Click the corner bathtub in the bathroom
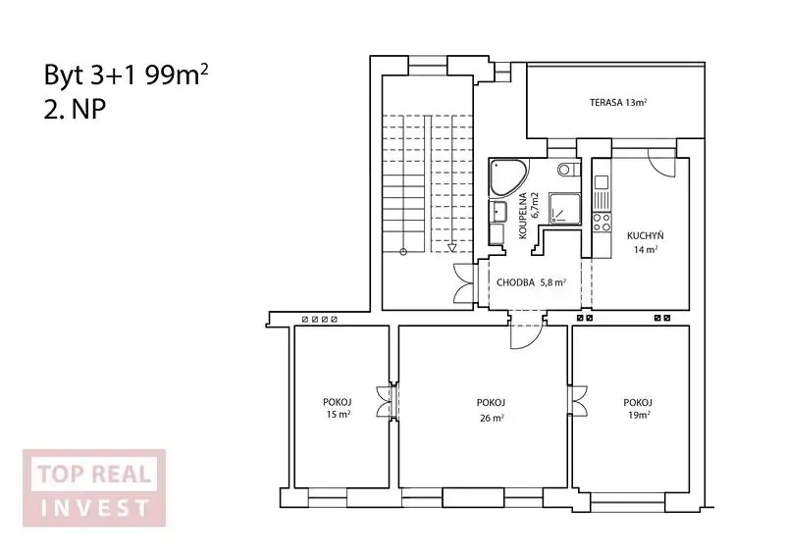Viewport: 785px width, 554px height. point(506,176)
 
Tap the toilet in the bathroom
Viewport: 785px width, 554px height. point(569,169)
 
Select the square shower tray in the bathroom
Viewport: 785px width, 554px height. point(565,208)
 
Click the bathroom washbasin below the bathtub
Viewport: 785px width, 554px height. point(498,212)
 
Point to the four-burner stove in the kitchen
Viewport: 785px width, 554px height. point(602,222)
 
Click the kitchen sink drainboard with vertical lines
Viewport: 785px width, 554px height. point(602,200)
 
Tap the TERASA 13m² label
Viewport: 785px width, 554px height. point(618,103)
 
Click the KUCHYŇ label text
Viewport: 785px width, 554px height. point(646,235)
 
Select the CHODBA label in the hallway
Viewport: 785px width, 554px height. point(515,282)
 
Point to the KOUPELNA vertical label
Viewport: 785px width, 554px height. point(523,216)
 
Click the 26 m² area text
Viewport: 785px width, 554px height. point(492,418)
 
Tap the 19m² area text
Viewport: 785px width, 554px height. point(639,415)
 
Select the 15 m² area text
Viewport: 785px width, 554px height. point(338,415)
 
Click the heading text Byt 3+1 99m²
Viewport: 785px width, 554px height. point(126,76)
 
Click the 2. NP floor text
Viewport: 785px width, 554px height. point(75,110)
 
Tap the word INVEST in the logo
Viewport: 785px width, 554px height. point(94,508)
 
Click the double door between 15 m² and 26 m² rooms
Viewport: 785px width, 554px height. point(388,402)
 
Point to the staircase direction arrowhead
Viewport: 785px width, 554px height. point(452,247)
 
